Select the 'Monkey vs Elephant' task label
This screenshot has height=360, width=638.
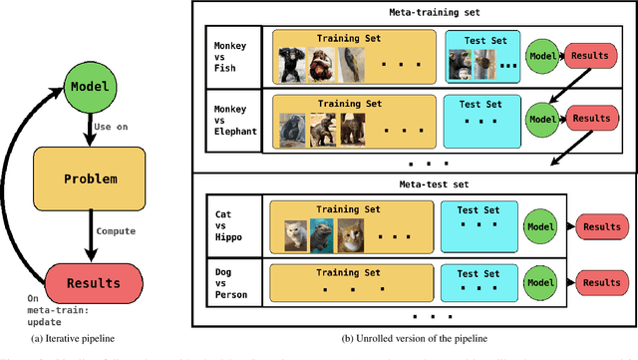click(x=235, y=121)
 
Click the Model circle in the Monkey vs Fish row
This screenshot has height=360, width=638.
click(x=541, y=56)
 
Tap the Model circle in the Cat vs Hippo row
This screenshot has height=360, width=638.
click(x=541, y=225)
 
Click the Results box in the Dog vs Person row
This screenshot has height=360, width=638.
click(x=600, y=282)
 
